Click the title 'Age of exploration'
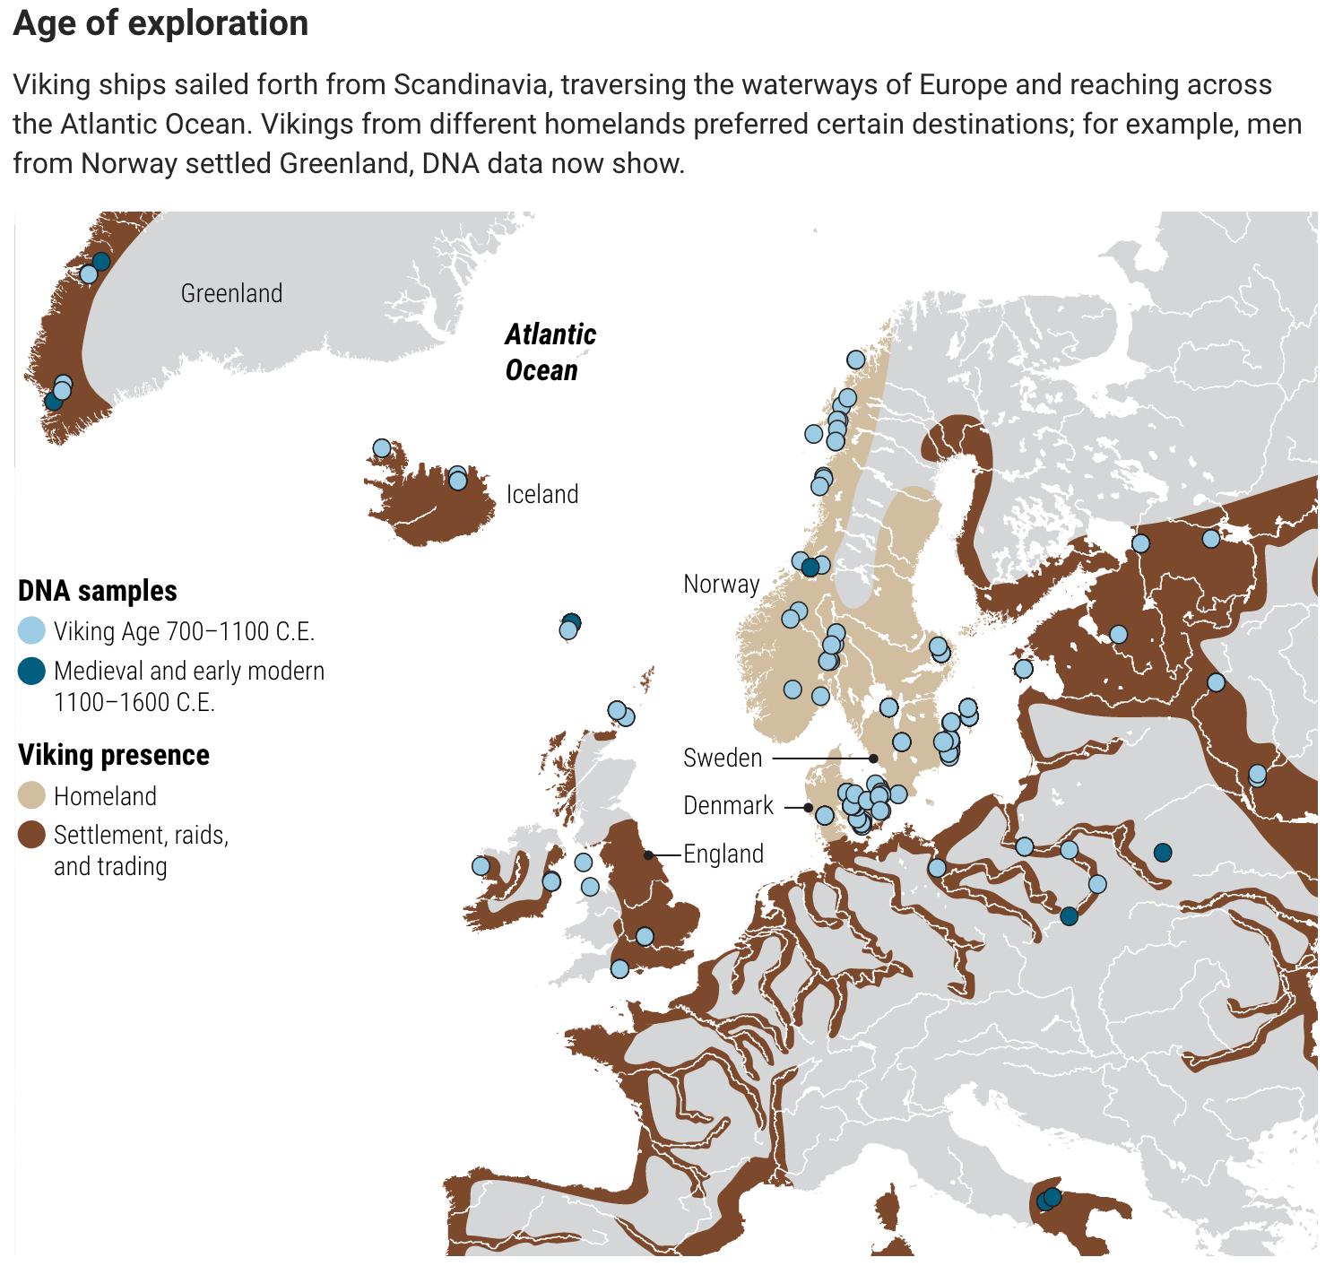(x=160, y=23)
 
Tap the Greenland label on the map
(x=231, y=293)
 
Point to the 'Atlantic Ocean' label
(x=549, y=352)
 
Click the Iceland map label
(x=541, y=494)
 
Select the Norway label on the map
(x=721, y=584)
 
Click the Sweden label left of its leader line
(x=723, y=758)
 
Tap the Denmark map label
(x=728, y=805)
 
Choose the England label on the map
(x=723, y=854)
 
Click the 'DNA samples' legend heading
(x=98, y=591)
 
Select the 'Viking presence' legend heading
(x=114, y=755)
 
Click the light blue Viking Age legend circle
(x=31, y=630)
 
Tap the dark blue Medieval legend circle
(x=31, y=671)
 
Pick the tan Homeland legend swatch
(x=31, y=795)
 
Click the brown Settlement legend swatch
(x=31, y=835)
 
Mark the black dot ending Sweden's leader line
(x=873, y=759)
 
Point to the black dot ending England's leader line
(x=648, y=855)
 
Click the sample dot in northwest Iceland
(x=382, y=448)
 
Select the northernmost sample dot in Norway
(x=855, y=360)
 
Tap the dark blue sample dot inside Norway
(x=810, y=567)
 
